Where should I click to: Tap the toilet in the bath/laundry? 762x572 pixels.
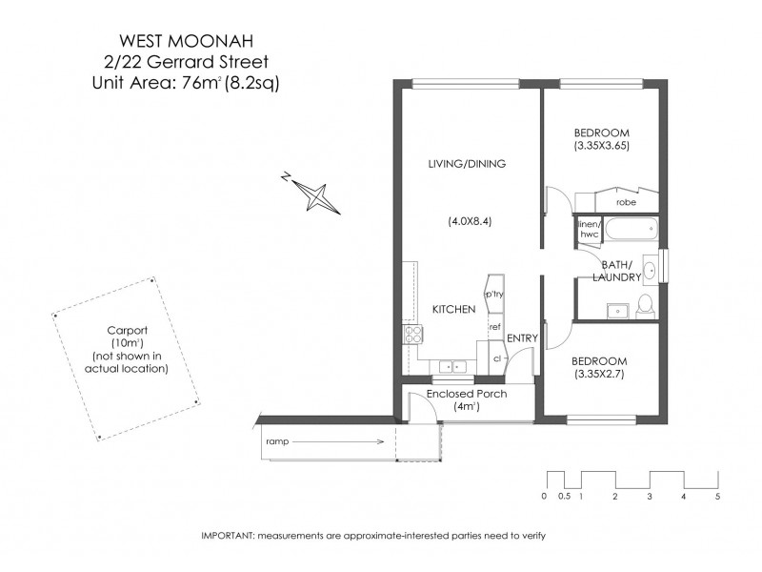[645, 304]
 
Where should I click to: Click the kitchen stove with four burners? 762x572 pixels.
[414, 334]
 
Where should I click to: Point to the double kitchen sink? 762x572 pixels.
[451, 365]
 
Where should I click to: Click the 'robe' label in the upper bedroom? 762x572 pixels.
[626, 203]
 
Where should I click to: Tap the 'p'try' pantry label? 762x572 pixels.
[494, 295]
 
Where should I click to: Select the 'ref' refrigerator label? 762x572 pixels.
[494, 327]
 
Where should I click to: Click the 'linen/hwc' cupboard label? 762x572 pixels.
[587, 230]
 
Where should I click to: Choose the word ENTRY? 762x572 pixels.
[522, 338]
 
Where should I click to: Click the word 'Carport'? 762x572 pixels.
[125, 331]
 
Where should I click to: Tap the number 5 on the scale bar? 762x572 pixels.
[718, 497]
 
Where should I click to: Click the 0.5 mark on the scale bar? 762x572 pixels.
[563, 497]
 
